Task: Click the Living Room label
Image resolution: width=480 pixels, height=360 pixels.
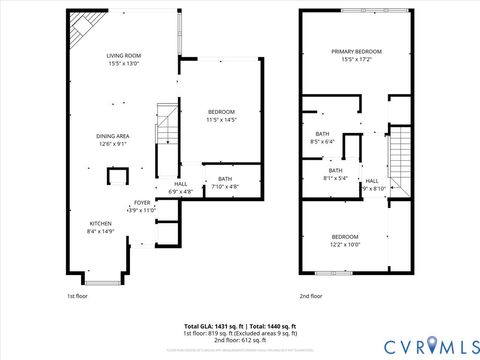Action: tap(124, 56)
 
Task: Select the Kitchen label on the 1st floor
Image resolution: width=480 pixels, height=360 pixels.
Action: tap(101, 223)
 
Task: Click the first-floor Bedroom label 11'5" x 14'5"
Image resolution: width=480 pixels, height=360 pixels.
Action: tap(221, 111)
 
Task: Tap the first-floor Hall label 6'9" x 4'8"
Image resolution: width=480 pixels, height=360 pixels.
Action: tap(180, 184)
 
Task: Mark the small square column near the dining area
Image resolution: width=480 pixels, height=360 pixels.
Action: tap(118, 177)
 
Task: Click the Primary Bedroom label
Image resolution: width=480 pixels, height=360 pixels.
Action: tap(357, 51)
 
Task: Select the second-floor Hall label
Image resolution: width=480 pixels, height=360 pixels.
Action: tap(371, 180)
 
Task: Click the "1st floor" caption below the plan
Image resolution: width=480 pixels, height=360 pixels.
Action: tap(78, 296)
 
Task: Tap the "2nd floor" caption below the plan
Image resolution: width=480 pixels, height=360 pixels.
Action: tap(310, 296)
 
